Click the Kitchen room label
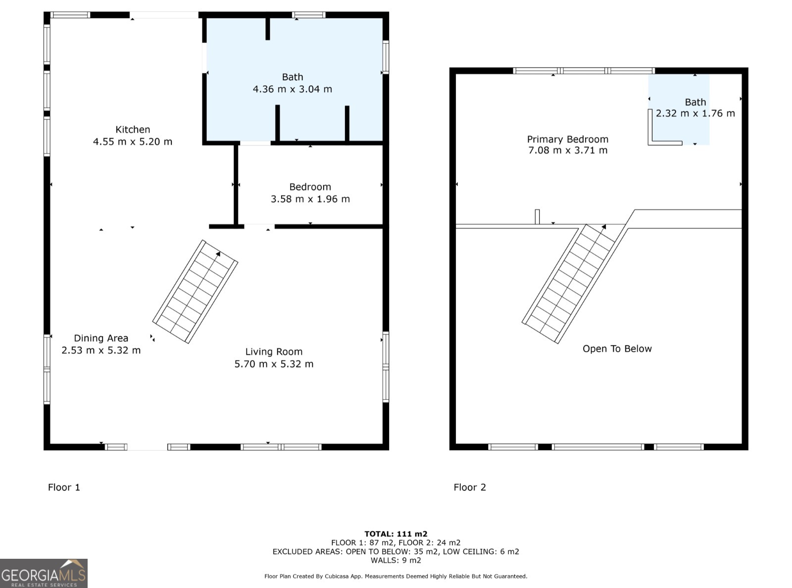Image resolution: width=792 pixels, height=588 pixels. [133, 129]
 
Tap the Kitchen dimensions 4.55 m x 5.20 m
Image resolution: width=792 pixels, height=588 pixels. [133, 142]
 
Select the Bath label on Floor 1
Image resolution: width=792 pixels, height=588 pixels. [293, 77]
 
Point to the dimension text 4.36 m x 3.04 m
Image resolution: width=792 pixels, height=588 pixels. [293, 89]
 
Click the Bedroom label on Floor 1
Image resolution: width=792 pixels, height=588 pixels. [310, 187]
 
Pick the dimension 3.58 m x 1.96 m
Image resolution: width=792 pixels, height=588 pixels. [310, 199]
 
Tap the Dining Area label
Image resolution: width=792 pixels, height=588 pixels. [101, 338]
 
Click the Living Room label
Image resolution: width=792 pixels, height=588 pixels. [274, 352]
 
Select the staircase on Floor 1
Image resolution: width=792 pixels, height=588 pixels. [195, 292]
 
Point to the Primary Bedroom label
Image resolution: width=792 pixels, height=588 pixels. [568, 139]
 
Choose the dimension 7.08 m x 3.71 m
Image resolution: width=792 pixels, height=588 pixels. [568, 150]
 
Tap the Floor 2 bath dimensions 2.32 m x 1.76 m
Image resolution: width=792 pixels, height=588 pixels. [695, 113]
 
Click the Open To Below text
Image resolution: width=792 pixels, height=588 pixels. [617, 349]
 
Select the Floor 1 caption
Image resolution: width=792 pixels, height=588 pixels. [64, 487]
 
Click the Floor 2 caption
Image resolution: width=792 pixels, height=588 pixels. [470, 487]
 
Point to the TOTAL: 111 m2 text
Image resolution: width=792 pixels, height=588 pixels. [396, 534]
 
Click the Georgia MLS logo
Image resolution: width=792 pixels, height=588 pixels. [44, 573]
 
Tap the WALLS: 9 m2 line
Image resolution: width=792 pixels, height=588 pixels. [396, 560]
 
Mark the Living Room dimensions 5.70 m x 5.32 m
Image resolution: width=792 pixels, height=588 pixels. [274, 364]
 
